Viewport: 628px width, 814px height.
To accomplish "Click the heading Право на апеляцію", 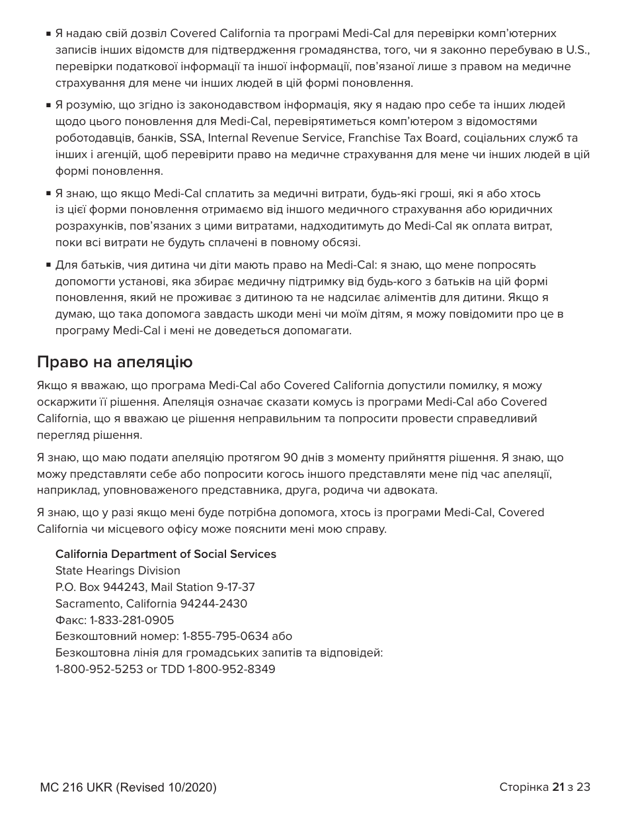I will coord(114,362).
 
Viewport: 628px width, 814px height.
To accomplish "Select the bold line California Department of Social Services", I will coord(165,554).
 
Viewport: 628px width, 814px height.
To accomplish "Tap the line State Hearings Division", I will coord(118,570).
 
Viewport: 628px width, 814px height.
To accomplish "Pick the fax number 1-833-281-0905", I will coord(132,620).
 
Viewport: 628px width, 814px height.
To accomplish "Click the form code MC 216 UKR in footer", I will coord(76,788).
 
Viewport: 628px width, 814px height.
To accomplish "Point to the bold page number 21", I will coord(559,787).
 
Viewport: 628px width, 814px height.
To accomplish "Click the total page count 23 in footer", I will coord(583,787).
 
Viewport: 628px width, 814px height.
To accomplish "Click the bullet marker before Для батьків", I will coord(48,265).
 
